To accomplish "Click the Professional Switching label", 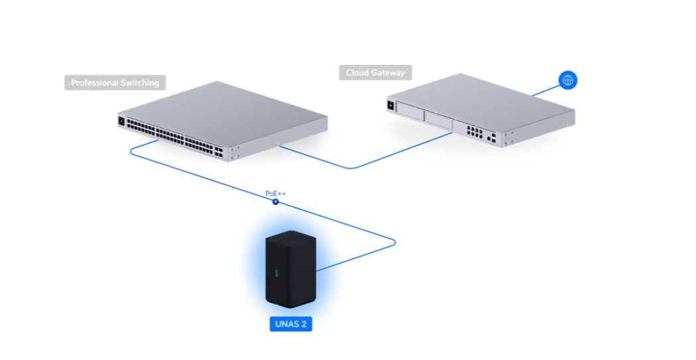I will tap(115, 83).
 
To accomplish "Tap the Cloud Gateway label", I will tap(375, 72).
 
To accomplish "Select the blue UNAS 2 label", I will tap(291, 324).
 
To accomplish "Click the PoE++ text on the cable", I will tap(276, 194).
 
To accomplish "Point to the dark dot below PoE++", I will tap(276, 202).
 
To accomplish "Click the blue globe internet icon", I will tap(567, 80).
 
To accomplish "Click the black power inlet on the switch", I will tap(121, 121).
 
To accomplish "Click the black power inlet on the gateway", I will tap(391, 105).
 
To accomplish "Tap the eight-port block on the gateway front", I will tap(475, 131).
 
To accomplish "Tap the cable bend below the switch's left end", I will tap(133, 151).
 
